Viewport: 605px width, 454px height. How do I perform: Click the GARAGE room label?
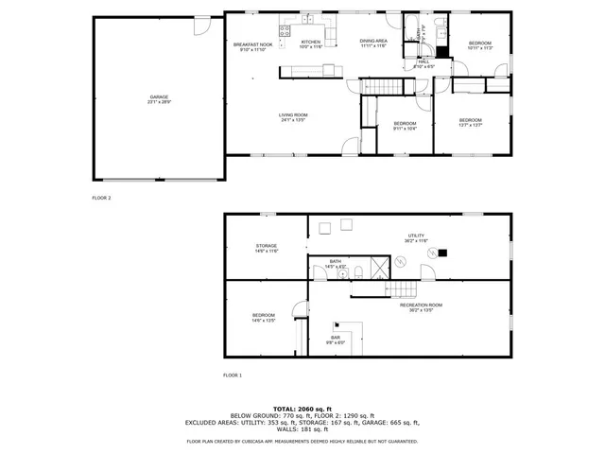click(158, 98)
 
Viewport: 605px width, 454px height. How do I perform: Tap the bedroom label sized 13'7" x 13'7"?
click(471, 122)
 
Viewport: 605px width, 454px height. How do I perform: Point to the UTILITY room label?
click(416, 238)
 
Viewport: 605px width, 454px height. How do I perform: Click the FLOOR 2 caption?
click(101, 198)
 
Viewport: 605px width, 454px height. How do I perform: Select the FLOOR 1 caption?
click(233, 375)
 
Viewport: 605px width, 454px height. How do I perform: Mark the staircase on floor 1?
click(404, 288)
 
